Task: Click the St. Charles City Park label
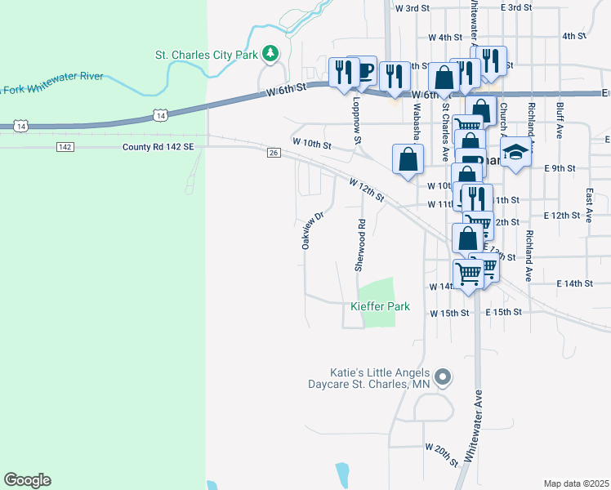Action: click(207, 56)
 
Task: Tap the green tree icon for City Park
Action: click(270, 55)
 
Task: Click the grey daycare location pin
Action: click(443, 377)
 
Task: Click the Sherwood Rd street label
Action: click(359, 245)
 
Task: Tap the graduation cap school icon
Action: click(515, 154)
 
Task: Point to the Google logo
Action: click(27, 480)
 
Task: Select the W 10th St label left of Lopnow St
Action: click(311, 144)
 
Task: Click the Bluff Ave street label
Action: click(559, 121)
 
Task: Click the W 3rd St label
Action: click(412, 8)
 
